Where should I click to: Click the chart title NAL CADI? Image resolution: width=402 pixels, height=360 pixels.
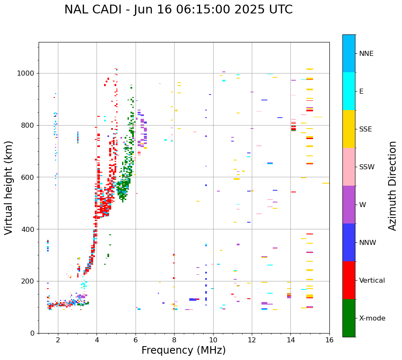point(99,10)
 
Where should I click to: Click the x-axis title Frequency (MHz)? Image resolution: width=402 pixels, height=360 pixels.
point(183,350)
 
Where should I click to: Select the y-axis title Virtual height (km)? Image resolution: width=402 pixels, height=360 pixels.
point(9,187)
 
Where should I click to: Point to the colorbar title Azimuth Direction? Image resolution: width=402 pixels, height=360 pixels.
point(392,186)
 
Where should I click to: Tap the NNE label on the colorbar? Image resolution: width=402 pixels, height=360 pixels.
point(366,54)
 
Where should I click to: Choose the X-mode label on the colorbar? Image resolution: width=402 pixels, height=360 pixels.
point(372,318)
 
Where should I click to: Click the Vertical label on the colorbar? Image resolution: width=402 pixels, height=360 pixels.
point(372,281)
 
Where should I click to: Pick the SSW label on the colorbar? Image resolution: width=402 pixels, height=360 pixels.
point(367,167)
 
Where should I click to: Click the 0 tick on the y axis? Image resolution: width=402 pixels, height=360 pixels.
point(32,333)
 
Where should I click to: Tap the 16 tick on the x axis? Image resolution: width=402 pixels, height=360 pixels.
point(329,339)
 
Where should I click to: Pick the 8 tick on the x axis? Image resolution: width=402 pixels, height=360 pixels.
point(174,339)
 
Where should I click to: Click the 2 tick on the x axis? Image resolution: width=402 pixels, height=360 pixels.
point(58,339)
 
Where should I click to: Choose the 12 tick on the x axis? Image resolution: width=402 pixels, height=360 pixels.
point(252,339)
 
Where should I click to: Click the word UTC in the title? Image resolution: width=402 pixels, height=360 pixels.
point(279,10)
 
